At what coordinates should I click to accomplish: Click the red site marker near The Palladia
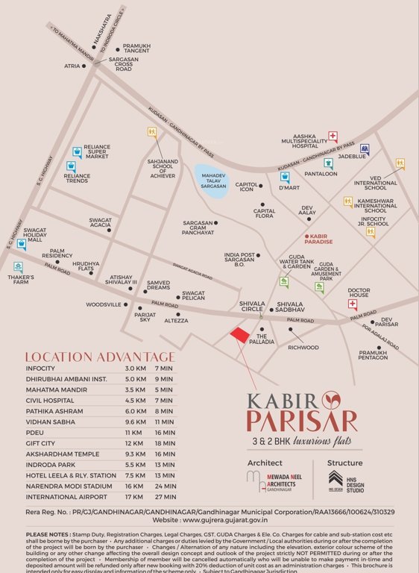[x=239, y=335]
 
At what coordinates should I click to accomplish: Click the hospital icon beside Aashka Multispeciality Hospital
[x=333, y=137]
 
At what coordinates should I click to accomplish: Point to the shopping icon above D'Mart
[x=284, y=176]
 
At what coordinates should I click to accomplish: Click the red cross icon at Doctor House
[x=353, y=304]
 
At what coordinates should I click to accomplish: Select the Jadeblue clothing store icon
[x=365, y=149]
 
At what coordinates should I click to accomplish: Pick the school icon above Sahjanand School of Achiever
[x=152, y=133]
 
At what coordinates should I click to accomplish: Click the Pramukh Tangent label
[x=137, y=48]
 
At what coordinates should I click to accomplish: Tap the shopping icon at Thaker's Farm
[x=18, y=266]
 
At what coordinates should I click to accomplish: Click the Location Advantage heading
[x=100, y=357]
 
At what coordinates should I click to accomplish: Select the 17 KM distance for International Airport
[x=133, y=495]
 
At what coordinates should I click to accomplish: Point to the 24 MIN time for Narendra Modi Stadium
[x=165, y=485]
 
